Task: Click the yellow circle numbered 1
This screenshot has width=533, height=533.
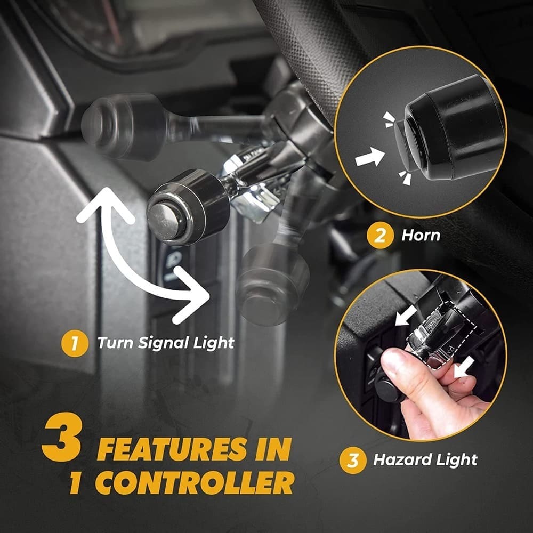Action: pyautogui.click(x=75, y=342)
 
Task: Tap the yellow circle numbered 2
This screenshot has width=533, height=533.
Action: pyautogui.click(x=379, y=235)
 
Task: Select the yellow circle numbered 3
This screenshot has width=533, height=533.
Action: pyautogui.click(x=352, y=459)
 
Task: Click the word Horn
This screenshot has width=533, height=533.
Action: pyautogui.click(x=421, y=235)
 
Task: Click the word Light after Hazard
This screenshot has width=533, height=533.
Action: pyautogui.click(x=454, y=459)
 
